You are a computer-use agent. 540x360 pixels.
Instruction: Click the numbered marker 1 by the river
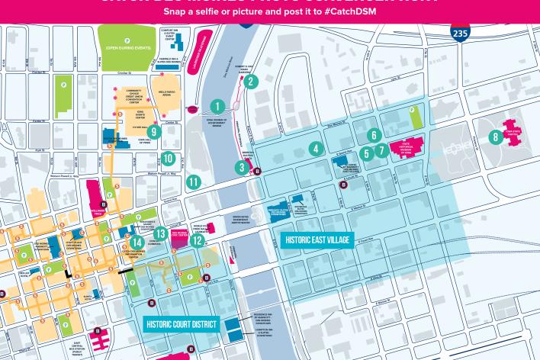click(218, 107)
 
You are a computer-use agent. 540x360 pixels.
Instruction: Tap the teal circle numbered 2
click(252, 81)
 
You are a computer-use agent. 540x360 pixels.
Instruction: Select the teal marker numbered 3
click(242, 168)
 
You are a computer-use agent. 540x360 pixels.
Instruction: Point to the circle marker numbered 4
click(314, 149)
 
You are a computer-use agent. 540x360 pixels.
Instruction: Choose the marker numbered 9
click(154, 131)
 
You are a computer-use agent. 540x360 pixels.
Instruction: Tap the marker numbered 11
click(194, 182)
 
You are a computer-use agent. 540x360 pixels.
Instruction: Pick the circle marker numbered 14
click(137, 243)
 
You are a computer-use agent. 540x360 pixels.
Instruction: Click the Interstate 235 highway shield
click(460, 33)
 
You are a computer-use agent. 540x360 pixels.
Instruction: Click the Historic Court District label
click(181, 324)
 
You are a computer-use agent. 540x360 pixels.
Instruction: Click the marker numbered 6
click(373, 136)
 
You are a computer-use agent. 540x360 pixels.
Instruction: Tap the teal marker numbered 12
click(198, 241)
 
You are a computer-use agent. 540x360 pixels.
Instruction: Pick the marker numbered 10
click(169, 159)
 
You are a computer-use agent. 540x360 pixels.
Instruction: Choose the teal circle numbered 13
click(161, 233)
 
